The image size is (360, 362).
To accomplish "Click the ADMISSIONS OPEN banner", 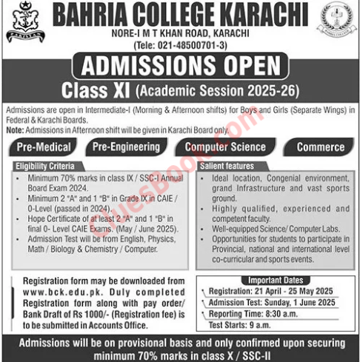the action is click(x=179, y=67).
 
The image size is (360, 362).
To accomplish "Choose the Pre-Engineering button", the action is click(x=128, y=147).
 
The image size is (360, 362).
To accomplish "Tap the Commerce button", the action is click(x=319, y=147).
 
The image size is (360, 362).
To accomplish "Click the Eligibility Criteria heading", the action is click(x=42, y=167).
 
